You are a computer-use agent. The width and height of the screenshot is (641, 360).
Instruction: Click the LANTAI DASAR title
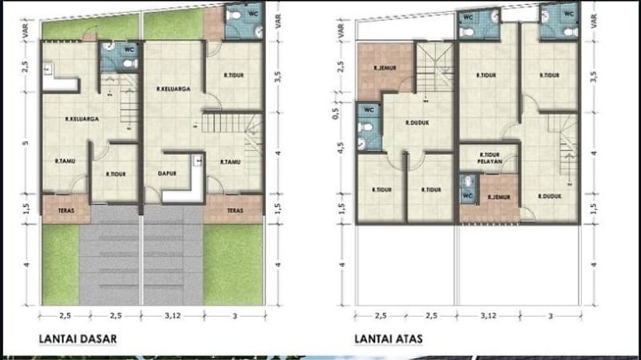[x=78, y=339]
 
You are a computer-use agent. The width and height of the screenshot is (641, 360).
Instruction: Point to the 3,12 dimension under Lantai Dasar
[x=174, y=316]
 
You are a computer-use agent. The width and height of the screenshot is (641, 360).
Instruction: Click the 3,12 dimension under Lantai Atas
[x=488, y=316]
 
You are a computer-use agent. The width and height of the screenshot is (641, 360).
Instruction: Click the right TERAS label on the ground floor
[x=234, y=211]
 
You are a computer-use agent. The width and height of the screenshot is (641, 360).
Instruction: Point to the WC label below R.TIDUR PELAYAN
[x=468, y=193]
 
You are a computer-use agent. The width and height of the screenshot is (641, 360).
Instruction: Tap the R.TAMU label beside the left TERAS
[x=65, y=160]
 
